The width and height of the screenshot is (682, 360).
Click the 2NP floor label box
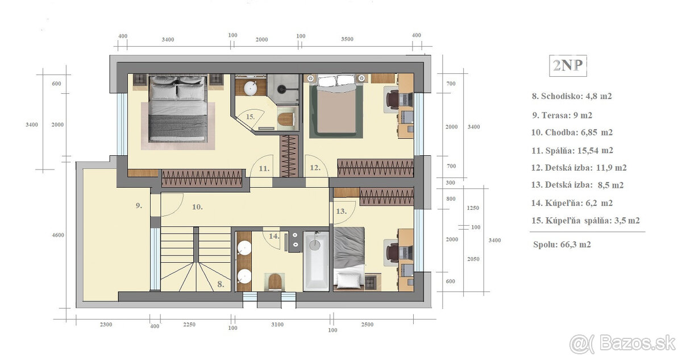click(x=568, y=65)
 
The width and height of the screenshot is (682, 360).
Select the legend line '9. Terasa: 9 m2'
click(x=562, y=115)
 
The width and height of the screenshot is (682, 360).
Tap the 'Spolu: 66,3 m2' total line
click(x=562, y=245)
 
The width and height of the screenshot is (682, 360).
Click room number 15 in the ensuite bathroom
click(x=250, y=117)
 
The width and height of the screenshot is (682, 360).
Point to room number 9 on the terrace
click(x=139, y=205)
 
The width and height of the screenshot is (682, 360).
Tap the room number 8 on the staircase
click(x=221, y=284)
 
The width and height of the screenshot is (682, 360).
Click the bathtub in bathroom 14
click(x=316, y=260)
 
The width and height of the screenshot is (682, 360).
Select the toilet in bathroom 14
click(x=276, y=282)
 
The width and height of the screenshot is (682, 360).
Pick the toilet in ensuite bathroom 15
click(x=286, y=119)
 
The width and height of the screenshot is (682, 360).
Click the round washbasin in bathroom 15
click(x=251, y=88)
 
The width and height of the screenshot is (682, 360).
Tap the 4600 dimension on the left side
click(x=58, y=235)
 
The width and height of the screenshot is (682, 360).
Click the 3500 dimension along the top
click(x=347, y=39)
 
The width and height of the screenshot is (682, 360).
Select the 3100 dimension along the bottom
click(x=277, y=325)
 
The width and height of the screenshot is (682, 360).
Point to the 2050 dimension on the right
click(x=473, y=259)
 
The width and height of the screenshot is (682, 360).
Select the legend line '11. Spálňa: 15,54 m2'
click(x=572, y=151)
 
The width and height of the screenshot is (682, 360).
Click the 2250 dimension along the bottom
click(x=189, y=325)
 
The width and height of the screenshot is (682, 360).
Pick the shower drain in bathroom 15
click(x=281, y=89)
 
